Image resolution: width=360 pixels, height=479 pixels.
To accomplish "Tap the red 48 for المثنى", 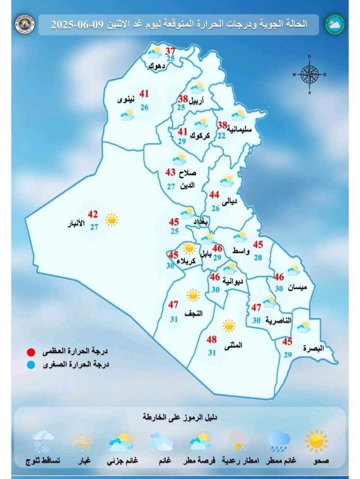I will pyautogui.click(x=212, y=340).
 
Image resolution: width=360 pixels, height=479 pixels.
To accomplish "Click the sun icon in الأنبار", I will pyautogui.click(x=111, y=219).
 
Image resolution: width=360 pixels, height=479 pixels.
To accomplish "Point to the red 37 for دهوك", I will pyautogui.click(x=171, y=51).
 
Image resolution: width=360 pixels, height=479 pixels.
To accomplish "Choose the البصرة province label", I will pyautogui.click(x=314, y=348).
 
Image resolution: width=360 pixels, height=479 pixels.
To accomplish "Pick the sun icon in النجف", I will pyautogui.click(x=193, y=295).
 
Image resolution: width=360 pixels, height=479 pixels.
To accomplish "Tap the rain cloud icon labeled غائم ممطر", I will pyautogui.click(x=279, y=440).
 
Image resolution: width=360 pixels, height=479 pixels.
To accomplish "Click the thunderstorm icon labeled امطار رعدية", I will pyautogui.click(x=239, y=441).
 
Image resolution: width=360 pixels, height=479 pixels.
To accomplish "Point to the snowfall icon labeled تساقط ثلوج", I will pyautogui.click(x=43, y=441).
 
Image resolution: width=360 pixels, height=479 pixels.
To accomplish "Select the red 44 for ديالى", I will pyautogui.click(x=214, y=194).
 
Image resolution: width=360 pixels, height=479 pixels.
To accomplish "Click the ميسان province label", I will pyautogui.click(x=298, y=288).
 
